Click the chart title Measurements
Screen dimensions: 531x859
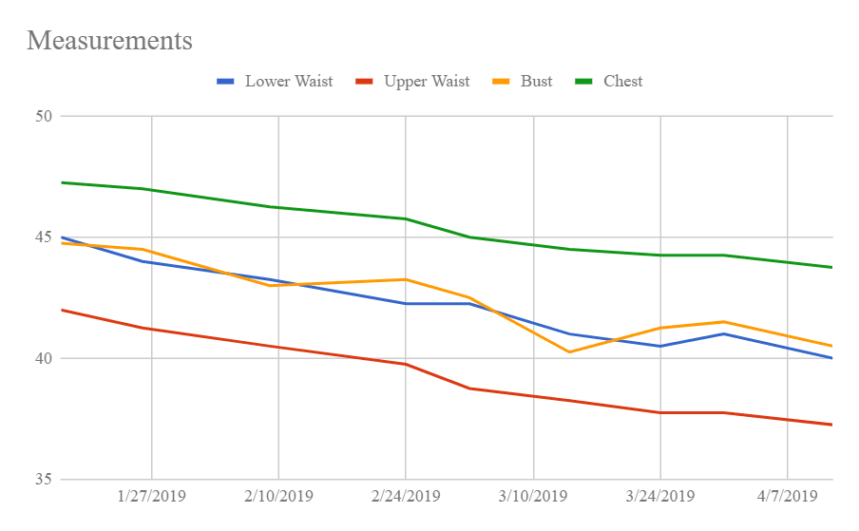point(109,41)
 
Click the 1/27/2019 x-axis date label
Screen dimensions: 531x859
point(151,496)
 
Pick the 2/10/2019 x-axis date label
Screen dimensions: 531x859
point(278,496)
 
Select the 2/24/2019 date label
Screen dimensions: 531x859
point(406,496)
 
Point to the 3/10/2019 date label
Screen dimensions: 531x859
point(533,496)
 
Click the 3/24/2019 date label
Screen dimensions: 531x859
point(660,496)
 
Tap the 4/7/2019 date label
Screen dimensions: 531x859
point(787,496)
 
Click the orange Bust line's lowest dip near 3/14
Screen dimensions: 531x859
point(569,351)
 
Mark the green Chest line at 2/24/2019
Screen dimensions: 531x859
point(406,218)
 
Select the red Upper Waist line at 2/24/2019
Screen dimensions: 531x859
point(406,364)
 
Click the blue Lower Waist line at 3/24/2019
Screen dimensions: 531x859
point(660,346)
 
